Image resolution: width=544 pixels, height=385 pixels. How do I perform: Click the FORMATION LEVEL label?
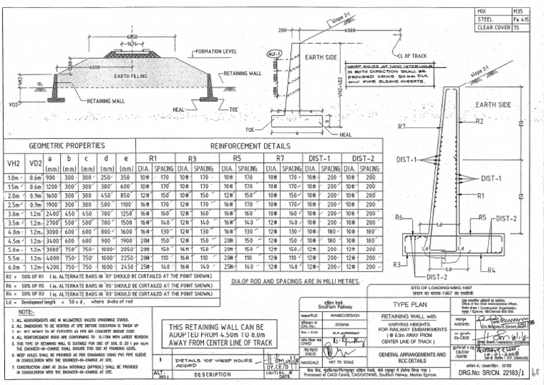click(217, 52)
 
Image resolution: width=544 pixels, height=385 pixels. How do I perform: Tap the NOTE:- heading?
click(29, 312)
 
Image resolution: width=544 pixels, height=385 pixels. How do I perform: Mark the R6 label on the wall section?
click(399, 217)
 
